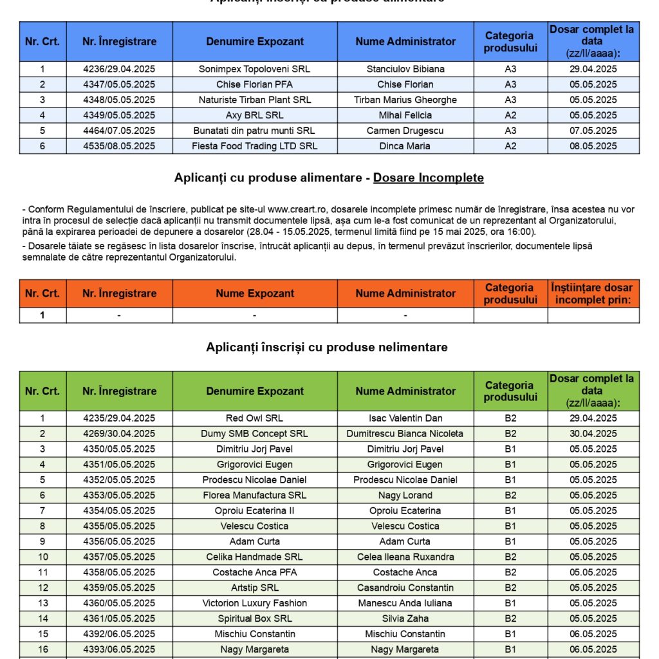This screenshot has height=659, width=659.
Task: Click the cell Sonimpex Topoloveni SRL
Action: tap(254, 69)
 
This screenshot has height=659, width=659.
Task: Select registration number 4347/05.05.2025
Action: tap(119, 84)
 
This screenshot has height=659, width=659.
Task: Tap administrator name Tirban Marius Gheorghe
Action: tap(405, 100)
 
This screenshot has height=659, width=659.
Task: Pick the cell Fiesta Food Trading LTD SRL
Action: tap(254, 146)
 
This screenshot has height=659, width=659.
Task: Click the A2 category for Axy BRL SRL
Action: tap(510, 115)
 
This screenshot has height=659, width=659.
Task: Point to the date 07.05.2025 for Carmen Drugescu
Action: tap(593, 131)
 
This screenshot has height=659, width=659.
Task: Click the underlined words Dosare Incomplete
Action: tap(428, 178)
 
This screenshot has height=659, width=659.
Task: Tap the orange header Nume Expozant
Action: tap(255, 293)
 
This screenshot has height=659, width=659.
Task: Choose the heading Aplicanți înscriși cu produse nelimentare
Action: tap(327, 348)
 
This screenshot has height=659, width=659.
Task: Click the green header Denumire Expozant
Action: tap(255, 391)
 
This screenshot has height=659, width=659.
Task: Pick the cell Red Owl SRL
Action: tap(254, 418)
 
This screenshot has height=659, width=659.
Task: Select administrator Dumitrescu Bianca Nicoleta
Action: tap(405, 434)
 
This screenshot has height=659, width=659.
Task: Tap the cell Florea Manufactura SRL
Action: tap(254, 496)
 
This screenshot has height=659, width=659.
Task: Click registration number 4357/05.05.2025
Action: tap(119, 557)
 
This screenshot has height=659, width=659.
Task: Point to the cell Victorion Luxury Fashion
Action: tap(254, 603)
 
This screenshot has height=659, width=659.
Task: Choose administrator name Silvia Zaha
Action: tap(405, 618)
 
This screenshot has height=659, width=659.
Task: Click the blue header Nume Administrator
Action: tap(405, 42)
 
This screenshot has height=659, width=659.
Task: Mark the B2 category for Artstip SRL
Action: tap(510, 588)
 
